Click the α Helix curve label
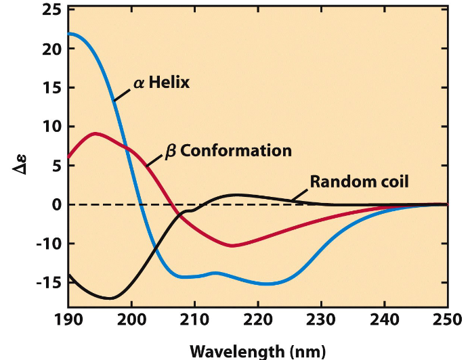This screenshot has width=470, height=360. pos(161,84)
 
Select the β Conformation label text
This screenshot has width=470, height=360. pos(228,150)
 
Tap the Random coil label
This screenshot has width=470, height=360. pos(360,181)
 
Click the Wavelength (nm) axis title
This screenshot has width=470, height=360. pos(257,351)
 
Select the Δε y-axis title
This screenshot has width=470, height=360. pos(21,162)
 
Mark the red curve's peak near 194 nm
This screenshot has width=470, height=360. pos(95,133)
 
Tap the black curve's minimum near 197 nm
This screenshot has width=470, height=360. pos(111,298)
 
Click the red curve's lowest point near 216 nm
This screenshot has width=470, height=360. pos(232,246)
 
